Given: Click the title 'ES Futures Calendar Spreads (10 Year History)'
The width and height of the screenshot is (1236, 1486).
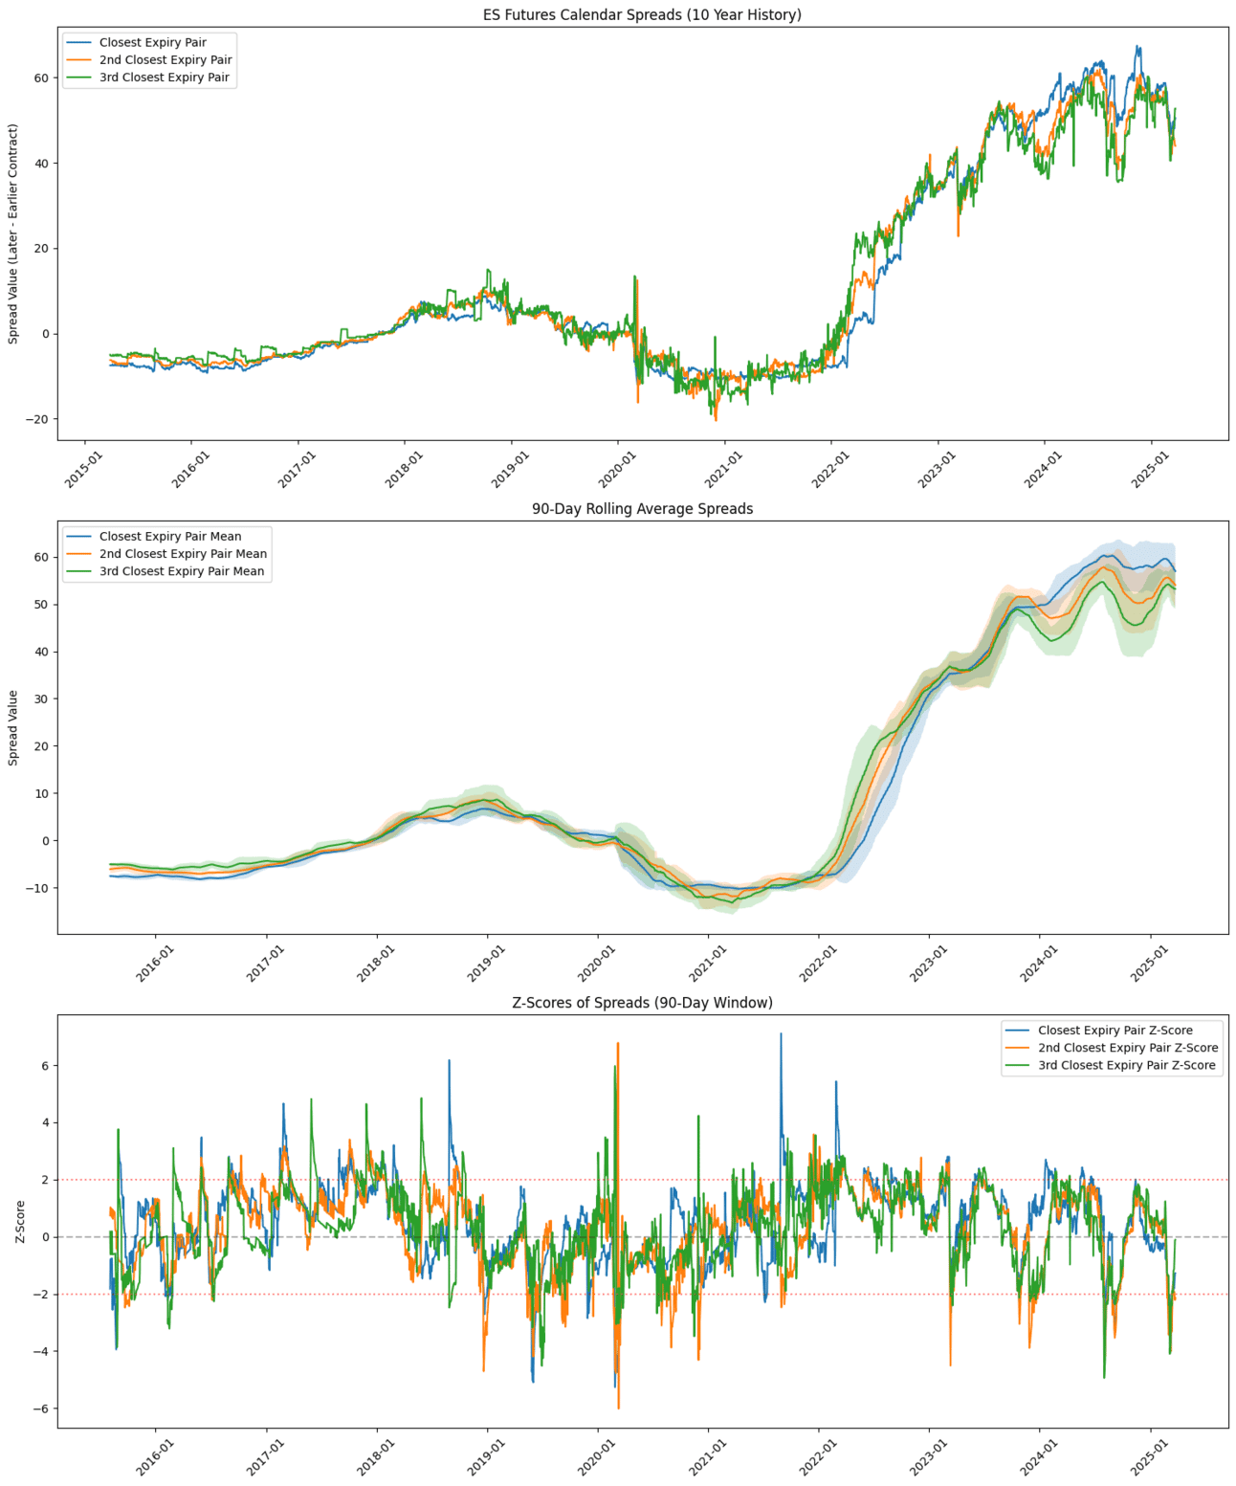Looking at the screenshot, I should (642, 14).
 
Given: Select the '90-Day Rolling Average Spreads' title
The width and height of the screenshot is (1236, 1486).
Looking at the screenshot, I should (642, 509).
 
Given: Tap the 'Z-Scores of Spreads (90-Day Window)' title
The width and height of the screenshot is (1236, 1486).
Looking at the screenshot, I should (642, 1003).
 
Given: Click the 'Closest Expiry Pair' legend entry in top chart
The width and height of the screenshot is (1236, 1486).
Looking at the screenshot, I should (152, 42).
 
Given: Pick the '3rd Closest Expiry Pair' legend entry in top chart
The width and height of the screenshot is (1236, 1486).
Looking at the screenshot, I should (164, 78).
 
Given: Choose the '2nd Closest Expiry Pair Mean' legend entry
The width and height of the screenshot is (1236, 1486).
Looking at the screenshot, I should (183, 554).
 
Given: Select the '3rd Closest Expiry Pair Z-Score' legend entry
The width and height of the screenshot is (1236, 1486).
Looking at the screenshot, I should (1126, 1065).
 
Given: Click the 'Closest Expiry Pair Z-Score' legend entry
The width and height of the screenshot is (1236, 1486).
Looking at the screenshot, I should (1115, 1031).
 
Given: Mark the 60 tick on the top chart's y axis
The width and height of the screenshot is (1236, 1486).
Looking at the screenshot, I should (41, 78).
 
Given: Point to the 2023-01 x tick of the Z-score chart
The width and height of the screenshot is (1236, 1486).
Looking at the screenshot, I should (928, 1457).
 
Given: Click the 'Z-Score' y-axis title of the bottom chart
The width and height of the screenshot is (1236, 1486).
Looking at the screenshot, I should (20, 1222).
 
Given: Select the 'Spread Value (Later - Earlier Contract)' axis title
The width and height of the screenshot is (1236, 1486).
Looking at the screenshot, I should (13, 233).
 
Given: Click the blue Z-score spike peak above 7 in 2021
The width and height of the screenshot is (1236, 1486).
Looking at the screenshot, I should (781, 1034).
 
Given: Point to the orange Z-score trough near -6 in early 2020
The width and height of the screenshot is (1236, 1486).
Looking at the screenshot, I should (618, 1408).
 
